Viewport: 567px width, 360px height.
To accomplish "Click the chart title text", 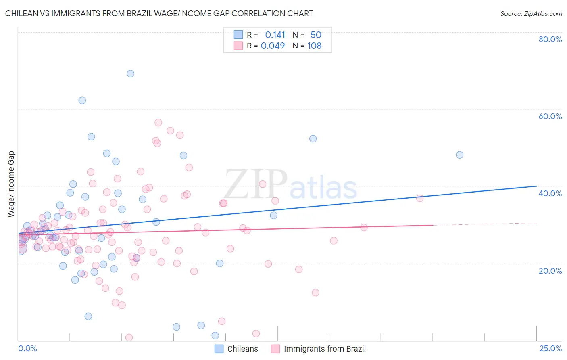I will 159,14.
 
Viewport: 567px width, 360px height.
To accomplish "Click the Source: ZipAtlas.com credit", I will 531,14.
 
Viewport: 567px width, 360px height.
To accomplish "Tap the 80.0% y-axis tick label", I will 550,39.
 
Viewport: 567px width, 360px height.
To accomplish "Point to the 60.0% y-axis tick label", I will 550,116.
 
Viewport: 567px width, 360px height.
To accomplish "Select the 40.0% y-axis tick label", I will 550,193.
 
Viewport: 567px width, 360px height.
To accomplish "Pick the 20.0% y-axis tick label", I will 550,271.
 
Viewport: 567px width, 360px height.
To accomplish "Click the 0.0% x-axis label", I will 27,349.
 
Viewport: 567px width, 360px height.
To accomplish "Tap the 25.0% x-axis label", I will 550,349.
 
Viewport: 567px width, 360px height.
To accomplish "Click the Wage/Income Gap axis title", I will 11,184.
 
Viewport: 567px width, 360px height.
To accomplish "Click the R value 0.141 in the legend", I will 275,35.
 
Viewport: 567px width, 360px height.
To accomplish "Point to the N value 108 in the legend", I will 315,46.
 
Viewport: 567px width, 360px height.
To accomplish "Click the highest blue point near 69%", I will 130,73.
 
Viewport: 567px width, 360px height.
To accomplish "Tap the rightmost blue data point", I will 459,155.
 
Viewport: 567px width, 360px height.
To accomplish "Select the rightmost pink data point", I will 420,198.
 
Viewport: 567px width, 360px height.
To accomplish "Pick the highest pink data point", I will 158,122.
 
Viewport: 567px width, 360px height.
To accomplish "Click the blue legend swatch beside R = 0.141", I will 238,35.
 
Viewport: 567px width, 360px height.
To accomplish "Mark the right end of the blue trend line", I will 536,186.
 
